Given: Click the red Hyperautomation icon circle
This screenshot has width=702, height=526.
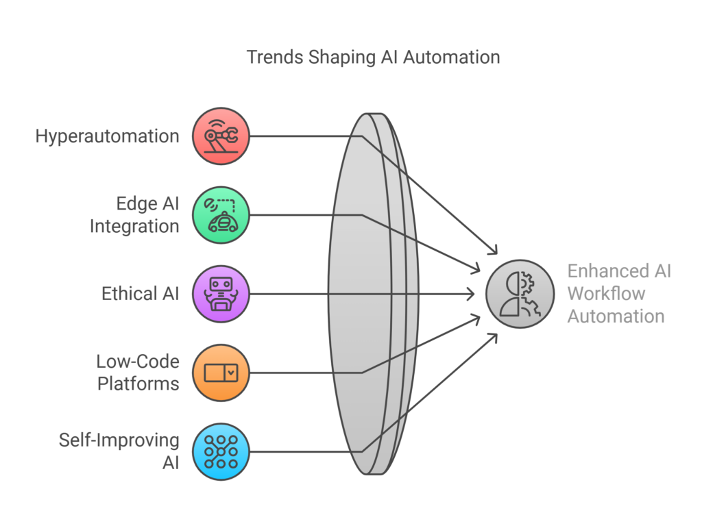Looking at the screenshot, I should pos(221,136).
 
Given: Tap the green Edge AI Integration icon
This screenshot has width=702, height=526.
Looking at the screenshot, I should pos(221,215).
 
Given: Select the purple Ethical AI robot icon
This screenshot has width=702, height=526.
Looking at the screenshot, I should pos(221,294).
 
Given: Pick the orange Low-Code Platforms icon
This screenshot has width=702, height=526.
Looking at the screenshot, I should pos(221,373).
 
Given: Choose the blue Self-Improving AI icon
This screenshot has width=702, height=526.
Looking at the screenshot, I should pos(221,451).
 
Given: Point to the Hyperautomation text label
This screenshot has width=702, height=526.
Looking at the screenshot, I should pos(107,136).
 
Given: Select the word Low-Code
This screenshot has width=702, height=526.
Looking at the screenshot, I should pos(137,361).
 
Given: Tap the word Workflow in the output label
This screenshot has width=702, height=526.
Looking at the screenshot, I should pos(606,294).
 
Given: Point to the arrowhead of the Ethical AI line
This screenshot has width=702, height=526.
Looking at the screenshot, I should pos(471,294).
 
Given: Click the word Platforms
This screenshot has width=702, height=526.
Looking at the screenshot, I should pos(138,383).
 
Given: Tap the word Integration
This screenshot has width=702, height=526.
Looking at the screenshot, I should pos(134,225).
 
